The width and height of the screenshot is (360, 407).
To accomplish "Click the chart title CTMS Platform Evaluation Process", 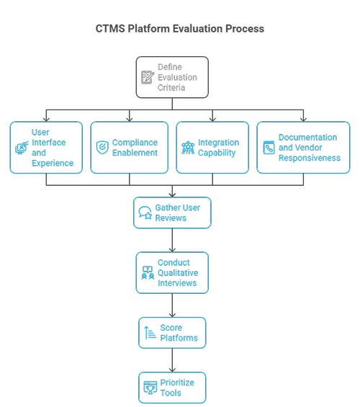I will coord(180,29).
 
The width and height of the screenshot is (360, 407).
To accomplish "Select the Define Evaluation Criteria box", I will coord(172,77).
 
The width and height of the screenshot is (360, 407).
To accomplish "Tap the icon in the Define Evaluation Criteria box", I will coord(148,77).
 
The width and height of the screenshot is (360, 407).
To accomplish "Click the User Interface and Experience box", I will coord(46,148).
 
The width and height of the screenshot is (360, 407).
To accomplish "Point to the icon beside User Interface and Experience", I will coord(21,148).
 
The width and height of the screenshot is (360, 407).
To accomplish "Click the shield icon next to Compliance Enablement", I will coord(102,148).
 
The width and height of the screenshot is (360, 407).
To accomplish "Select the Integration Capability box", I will coord(212,148).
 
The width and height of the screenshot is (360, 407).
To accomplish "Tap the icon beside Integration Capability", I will coord(187,148).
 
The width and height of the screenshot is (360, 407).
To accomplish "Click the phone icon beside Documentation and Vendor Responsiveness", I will coord(269,148).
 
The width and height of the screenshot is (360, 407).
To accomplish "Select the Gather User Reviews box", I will coord(172,213).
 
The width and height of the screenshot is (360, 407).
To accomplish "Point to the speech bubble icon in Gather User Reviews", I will coord(145,213).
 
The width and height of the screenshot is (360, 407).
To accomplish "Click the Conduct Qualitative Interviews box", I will coord(172,273).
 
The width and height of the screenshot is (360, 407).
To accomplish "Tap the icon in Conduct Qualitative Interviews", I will coord(148,273).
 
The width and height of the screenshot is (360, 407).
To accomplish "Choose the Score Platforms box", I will coord(172,333).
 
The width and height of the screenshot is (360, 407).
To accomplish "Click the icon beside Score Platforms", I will coord(150,333).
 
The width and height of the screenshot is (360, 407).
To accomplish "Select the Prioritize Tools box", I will coord(172,388).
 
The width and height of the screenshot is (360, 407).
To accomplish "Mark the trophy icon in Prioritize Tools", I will coord(150,388).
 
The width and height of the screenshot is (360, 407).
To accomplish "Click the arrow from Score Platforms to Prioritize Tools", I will coord(172,360).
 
